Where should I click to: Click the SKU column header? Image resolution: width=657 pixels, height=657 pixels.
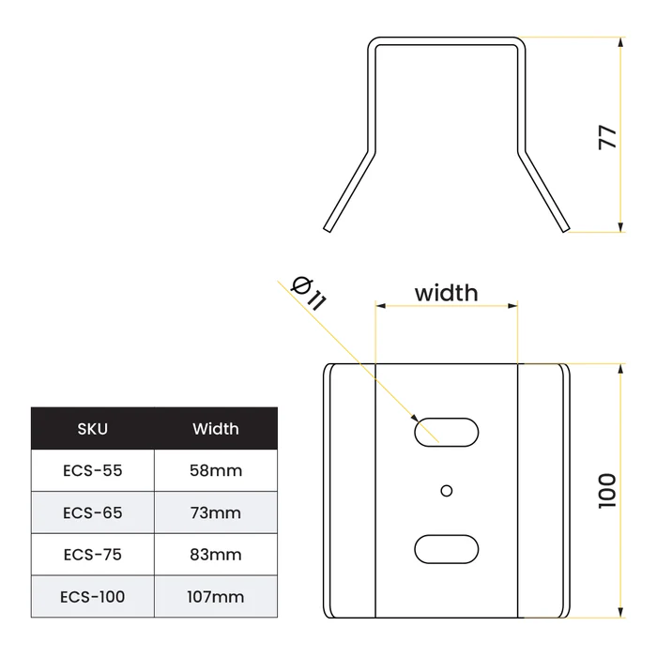coord(93,429)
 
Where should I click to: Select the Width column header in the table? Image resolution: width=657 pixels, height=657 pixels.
coord(216,429)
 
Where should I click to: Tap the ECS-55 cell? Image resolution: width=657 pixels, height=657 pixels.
coord(93,470)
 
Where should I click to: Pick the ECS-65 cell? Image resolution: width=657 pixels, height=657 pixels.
coord(93,512)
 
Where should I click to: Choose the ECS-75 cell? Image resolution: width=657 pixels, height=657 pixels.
coord(93,555)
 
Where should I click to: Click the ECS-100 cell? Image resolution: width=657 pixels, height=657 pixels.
coord(93,597)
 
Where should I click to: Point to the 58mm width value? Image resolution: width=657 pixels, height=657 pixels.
coord(216,470)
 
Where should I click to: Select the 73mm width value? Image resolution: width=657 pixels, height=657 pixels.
coord(216,512)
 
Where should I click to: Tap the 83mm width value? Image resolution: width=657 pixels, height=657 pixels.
coord(216,555)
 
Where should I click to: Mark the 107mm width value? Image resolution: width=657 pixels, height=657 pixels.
coord(216,597)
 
